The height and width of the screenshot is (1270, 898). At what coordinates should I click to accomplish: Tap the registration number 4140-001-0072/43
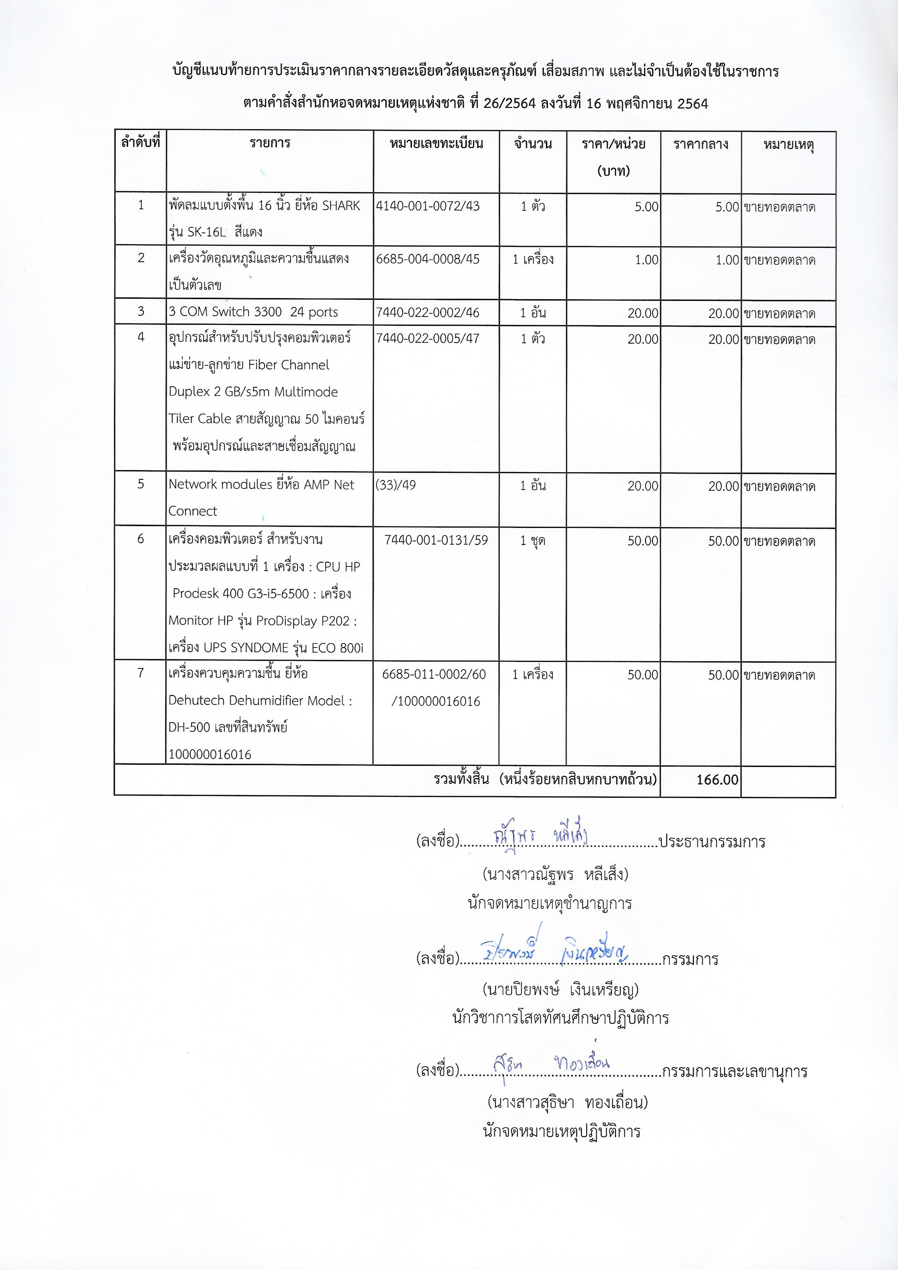point(427,206)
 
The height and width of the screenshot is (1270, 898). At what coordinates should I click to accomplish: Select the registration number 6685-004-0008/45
point(427,259)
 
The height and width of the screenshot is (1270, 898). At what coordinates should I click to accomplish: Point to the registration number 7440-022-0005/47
point(427,339)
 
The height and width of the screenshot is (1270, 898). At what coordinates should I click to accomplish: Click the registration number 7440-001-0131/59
point(436,540)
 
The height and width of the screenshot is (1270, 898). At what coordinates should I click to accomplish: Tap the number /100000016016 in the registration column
point(436,701)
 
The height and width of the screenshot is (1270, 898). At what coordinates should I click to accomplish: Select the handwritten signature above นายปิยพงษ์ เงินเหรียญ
point(553,950)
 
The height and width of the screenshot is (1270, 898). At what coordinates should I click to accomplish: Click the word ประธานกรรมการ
point(712,842)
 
